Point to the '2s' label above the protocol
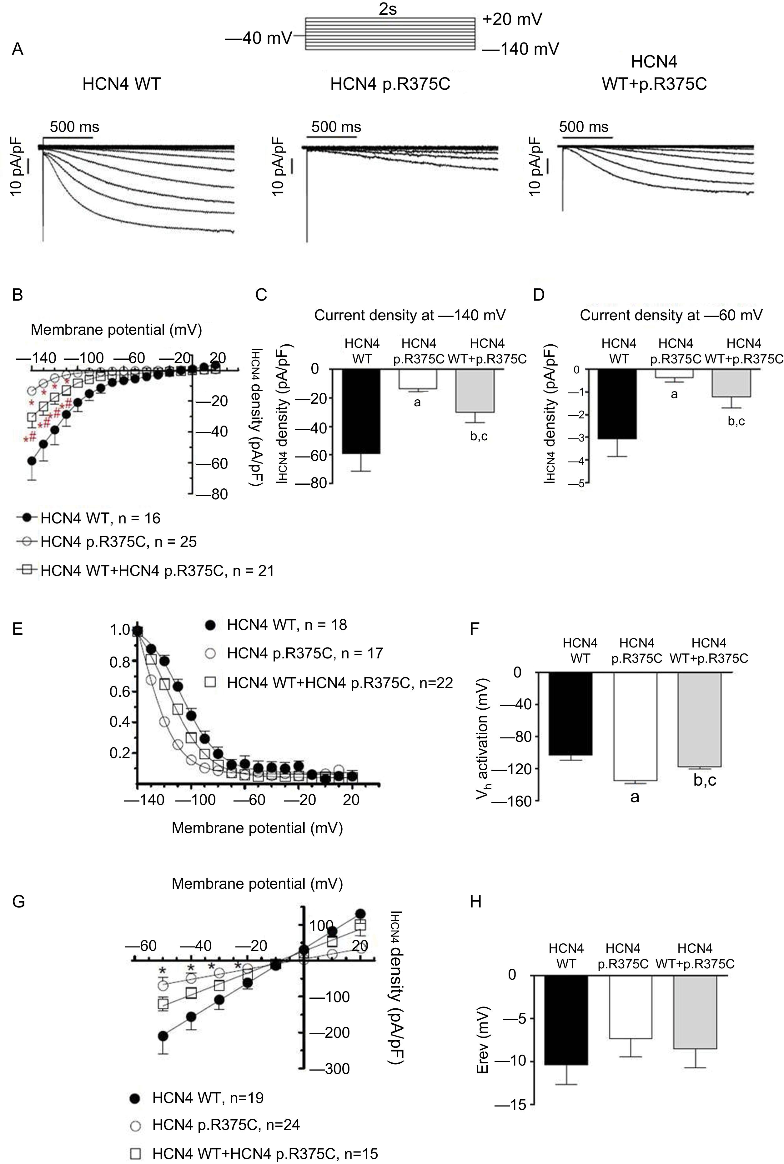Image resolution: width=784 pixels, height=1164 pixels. [388, 9]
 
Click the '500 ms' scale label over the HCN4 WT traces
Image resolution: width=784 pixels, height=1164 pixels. [74, 127]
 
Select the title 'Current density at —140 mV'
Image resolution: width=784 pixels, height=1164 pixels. [410, 315]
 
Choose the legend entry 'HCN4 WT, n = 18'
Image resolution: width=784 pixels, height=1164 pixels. [287, 625]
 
